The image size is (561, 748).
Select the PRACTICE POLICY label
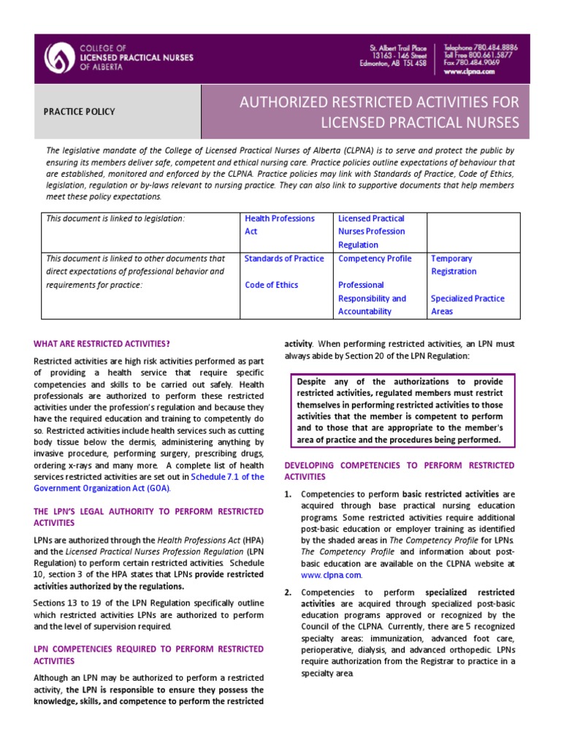coord(80,112)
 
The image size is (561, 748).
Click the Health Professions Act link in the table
coord(280,224)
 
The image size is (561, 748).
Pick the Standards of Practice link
coord(284,258)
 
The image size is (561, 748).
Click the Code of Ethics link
coord(271,285)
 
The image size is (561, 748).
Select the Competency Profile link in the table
coord(375,258)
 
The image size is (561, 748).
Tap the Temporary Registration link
coord(454,264)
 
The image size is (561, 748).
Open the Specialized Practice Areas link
coord(467,305)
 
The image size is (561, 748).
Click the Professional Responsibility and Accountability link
coord(372,298)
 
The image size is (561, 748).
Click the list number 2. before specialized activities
coord(288,592)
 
